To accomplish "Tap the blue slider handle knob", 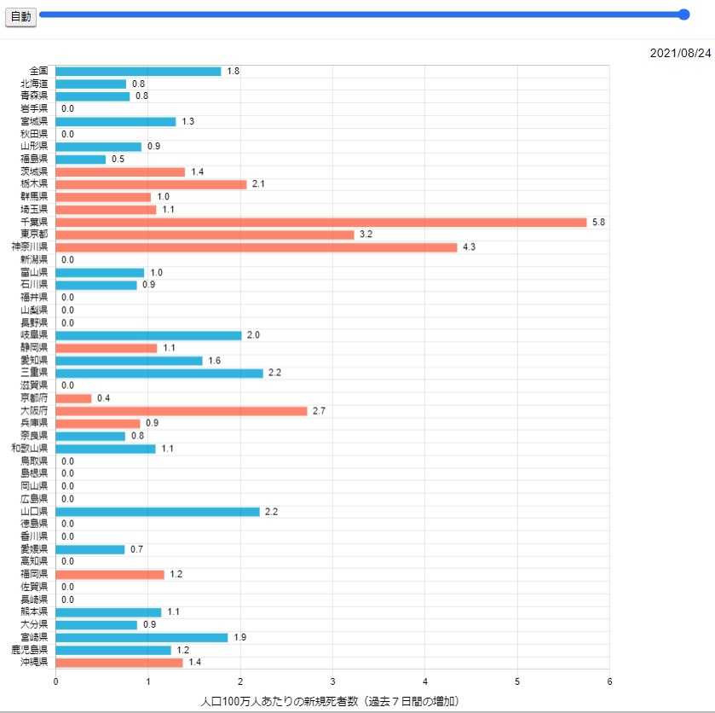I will [x=683, y=14].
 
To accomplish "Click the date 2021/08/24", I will [x=679, y=53].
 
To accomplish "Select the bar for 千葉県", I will [x=320, y=222].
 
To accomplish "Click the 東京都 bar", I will [x=205, y=235].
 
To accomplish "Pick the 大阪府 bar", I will [x=181, y=411].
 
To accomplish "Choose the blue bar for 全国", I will [x=138, y=72].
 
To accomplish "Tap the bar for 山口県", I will [x=157, y=512].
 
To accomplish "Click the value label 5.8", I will [x=598, y=222].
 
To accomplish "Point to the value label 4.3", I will [x=469, y=247].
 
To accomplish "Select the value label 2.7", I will [x=320, y=411].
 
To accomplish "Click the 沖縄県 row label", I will [x=34, y=662].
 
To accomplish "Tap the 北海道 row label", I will [x=34, y=84].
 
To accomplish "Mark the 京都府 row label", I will [x=34, y=398].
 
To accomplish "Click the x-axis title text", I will [x=331, y=701].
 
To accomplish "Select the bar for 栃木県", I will [x=151, y=184].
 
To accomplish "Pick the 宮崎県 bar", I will [x=141, y=637].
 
